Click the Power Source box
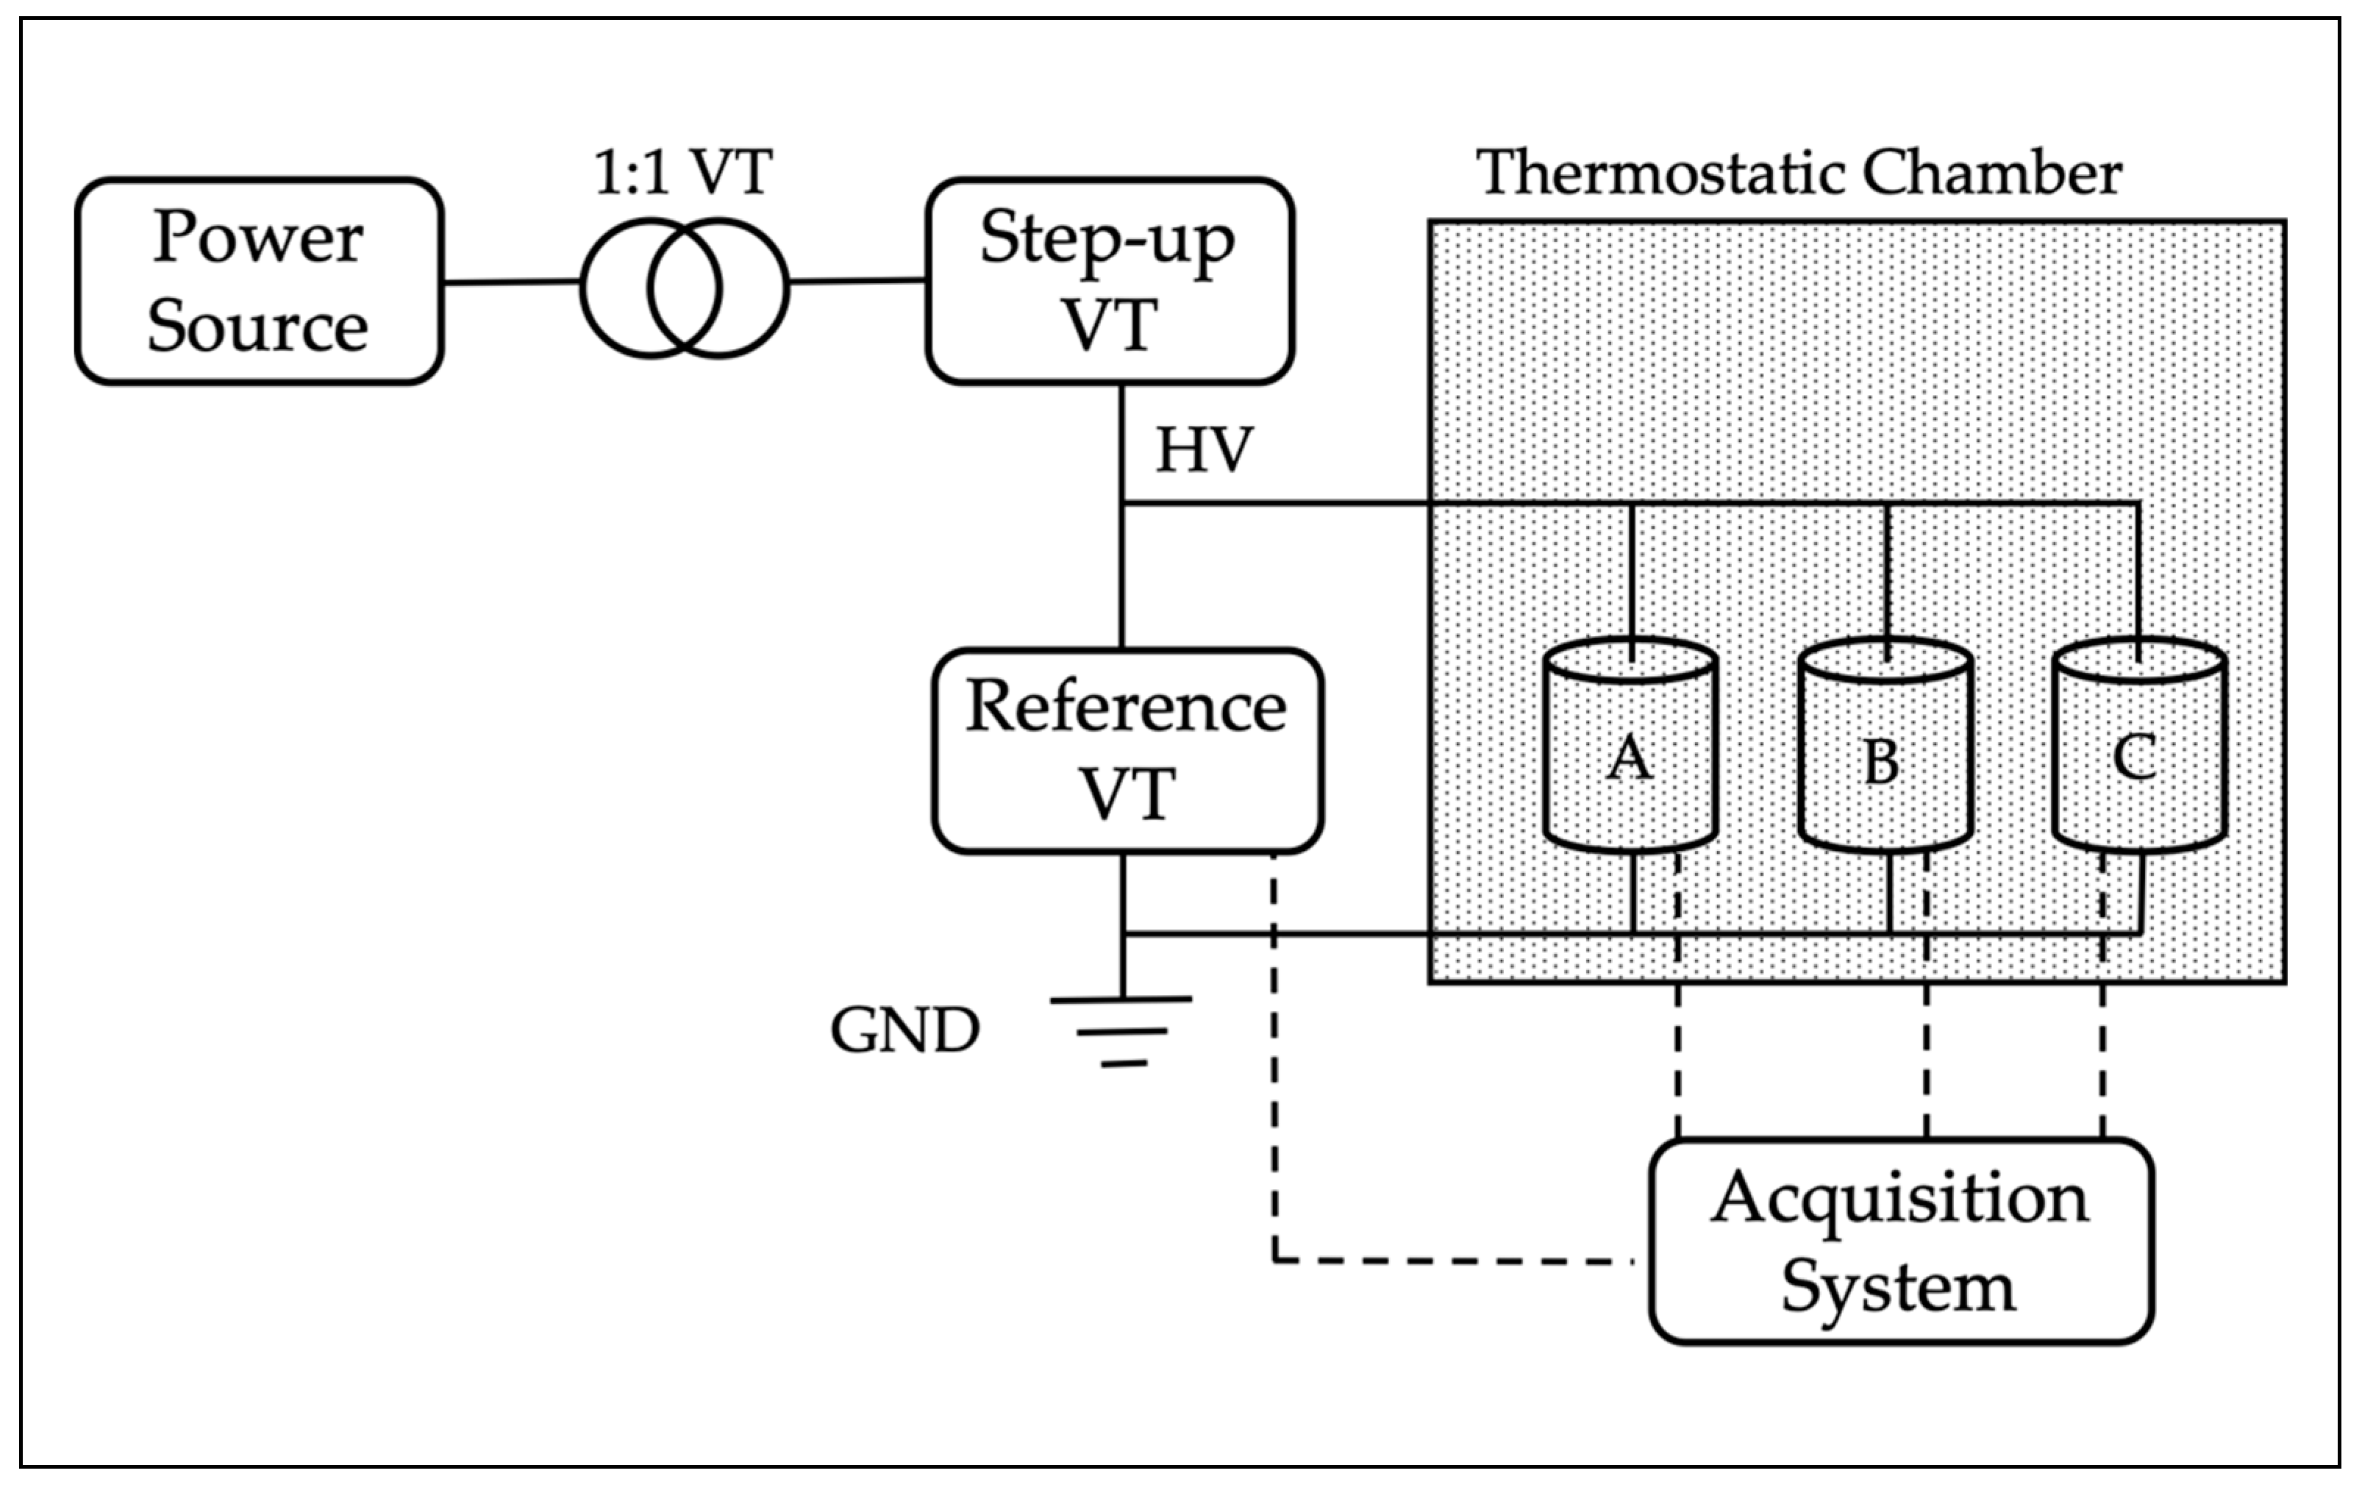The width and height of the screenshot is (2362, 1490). [x=259, y=282]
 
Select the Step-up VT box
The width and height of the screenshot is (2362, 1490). [x=1110, y=282]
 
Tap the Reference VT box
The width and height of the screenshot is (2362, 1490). [x=1127, y=750]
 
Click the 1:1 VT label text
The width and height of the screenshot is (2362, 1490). [x=684, y=173]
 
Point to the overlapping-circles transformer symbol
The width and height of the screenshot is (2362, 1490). [x=684, y=288]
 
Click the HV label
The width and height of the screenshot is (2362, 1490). [x=1204, y=452]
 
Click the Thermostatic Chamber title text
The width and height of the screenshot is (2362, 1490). [x=1799, y=174]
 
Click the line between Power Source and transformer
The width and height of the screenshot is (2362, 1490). [x=511, y=282]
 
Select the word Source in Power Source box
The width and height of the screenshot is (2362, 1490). [x=257, y=326]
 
